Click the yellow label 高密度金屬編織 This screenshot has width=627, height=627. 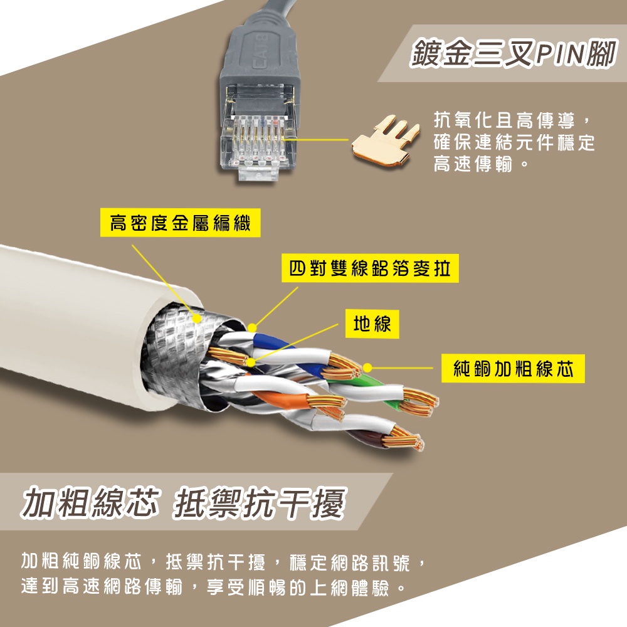click(180, 223)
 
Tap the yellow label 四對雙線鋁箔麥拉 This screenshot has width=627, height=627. click(370, 268)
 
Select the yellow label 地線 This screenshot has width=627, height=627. click(372, 324)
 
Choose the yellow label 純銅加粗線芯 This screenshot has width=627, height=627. click(513, 368)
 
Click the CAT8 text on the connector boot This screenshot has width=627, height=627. click(261, 52)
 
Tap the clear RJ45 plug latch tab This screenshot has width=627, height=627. click(258, 174)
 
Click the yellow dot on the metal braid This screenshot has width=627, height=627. click(197, 319)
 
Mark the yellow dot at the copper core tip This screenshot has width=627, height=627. click(367, 368)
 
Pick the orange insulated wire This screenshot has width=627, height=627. click(280, 399)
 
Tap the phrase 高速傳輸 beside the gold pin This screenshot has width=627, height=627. click(473, 164)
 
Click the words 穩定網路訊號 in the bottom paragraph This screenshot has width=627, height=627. click(350, 562)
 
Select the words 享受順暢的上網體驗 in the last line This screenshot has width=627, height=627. click(298, 587)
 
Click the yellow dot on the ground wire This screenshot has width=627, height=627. click(251, 362)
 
